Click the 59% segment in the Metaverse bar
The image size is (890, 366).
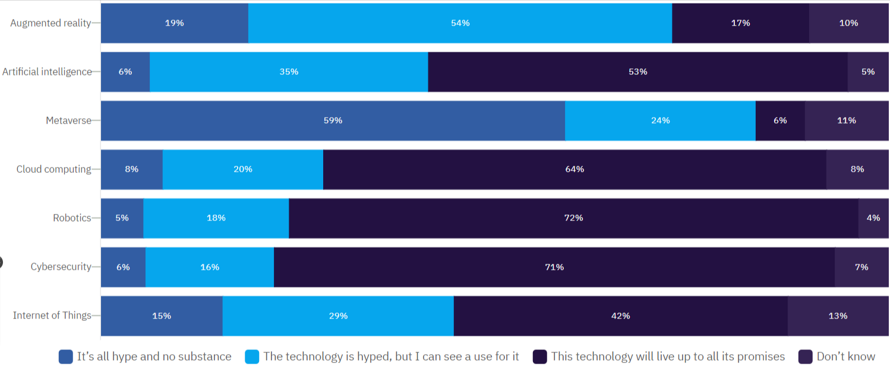pyautogui.click(x=333, y=121)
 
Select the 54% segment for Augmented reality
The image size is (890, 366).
pyautogui.click(x=460, y=23)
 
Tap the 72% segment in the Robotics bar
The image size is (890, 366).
pyautogui.click(x=573, y=218)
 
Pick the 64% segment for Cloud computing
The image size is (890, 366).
pyautogui.click(x=575, y=169)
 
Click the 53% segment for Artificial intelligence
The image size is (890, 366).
pyautogui.click(x=637, y=72)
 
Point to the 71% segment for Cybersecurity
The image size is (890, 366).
pyautogui.click(x=554, y=267)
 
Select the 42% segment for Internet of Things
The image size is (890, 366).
pyautogui.click(x=620, y=316)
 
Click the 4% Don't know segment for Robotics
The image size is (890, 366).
pyautogui.click(x=873, y=218)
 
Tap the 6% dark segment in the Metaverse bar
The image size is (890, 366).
pyautogui.click(x=779, y=121)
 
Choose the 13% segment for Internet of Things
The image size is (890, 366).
pyautogui.click(x=838, y=316)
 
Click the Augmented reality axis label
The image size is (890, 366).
pyautogui.click(x=51, y=23)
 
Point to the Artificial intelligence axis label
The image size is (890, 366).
pyautogui.click(x=47, y=72)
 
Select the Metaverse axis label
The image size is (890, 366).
pyautogui.click(x=69, y=121)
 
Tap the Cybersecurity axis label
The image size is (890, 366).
pyautogui.click(x=61, y=267)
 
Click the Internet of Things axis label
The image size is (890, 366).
pyautogui.click(x=52, y=315)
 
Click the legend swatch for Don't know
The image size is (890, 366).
pyautogui.click(x=805, y=356)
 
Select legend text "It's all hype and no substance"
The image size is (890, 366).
pyautogui.click(x=154, y=356)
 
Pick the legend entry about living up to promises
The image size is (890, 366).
pyautogui.click(x=668, y=356)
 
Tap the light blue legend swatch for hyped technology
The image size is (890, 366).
pyautogui.click(x=252, y=356)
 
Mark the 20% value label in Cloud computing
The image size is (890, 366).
pyautogui.click(x=242, y=169)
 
